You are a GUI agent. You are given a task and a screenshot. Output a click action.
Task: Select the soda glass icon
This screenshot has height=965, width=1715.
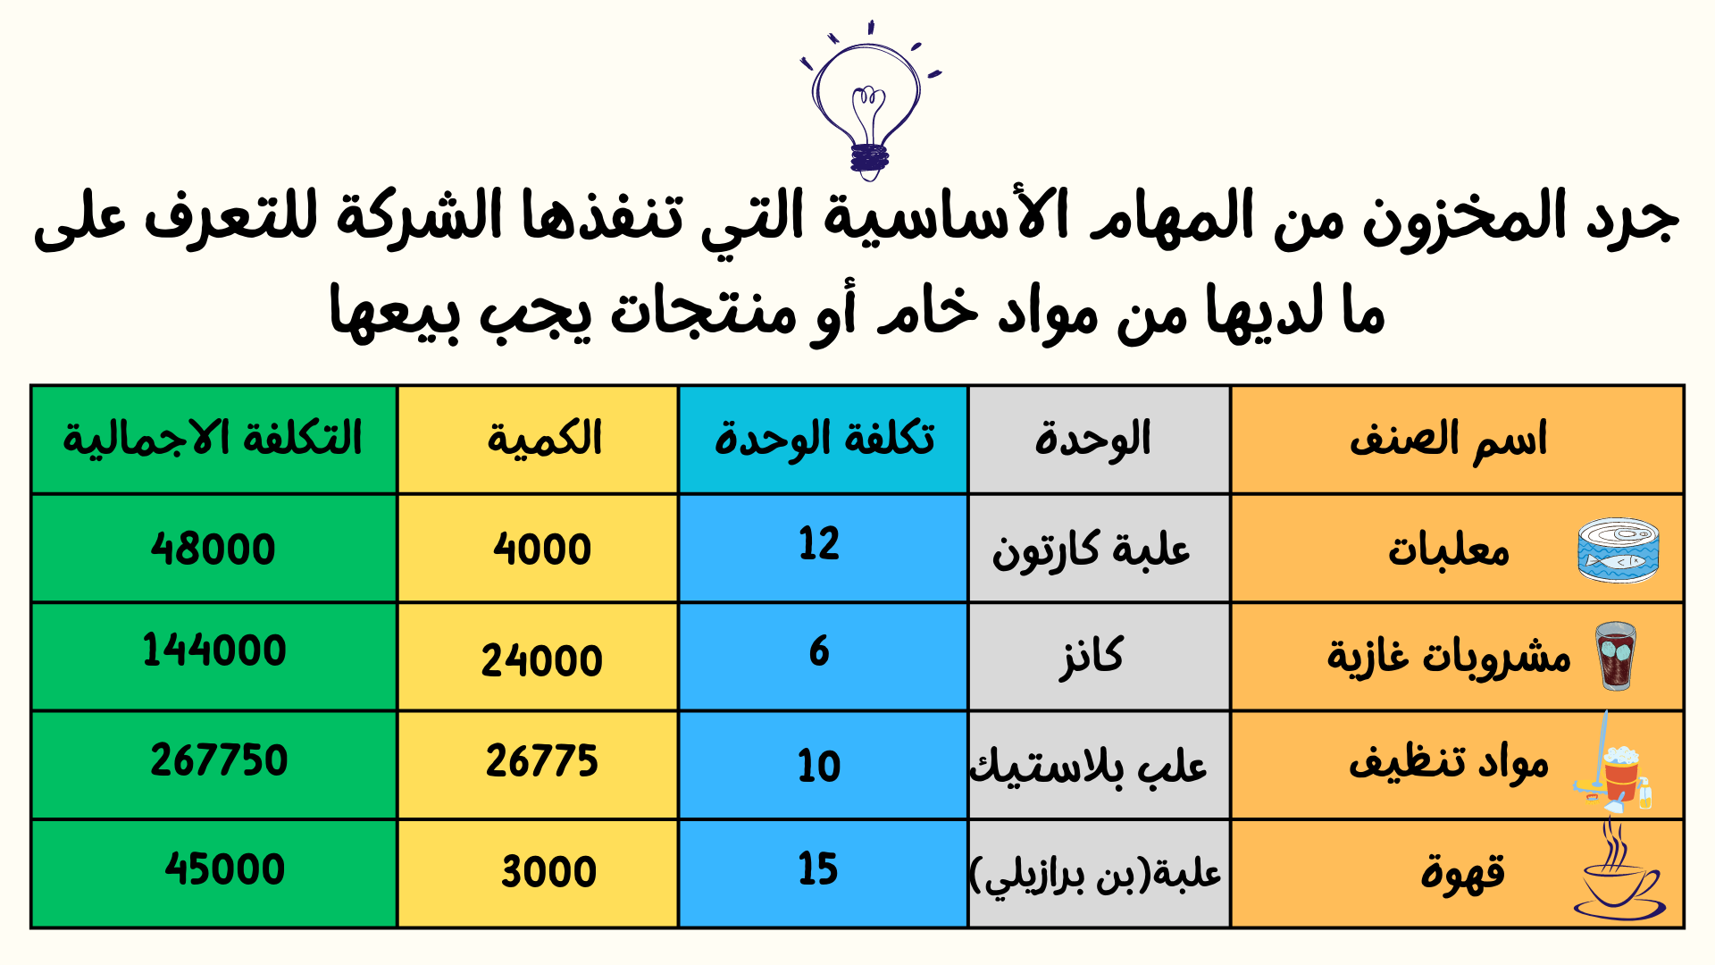1616,657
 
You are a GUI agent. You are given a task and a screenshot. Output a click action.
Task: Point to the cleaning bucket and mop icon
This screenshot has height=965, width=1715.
1613,765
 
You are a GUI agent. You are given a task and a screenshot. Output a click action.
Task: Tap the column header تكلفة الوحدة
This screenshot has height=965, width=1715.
824,439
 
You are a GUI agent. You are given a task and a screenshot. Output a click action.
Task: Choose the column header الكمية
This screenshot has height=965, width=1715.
544,439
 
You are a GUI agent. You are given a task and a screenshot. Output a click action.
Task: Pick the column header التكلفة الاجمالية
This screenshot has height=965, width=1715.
213,439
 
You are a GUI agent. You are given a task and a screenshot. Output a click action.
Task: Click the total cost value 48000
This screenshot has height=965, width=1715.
213,549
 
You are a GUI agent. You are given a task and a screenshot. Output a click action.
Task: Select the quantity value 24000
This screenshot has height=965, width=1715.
542,661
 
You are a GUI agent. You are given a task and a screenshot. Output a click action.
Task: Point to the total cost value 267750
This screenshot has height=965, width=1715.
219,760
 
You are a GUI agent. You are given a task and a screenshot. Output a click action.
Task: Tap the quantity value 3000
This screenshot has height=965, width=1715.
548,872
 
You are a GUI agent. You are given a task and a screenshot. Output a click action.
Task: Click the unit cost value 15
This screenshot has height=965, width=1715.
818,869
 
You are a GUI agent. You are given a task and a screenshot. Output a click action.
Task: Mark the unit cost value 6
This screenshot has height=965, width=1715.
819,651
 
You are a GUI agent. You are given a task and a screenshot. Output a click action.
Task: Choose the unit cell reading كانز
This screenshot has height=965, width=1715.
1092,659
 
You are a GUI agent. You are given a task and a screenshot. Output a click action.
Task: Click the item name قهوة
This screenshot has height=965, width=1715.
1463,873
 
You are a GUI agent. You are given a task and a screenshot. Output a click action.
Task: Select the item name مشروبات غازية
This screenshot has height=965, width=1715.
1449,657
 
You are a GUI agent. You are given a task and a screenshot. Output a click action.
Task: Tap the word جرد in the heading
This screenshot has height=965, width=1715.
1632,220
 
